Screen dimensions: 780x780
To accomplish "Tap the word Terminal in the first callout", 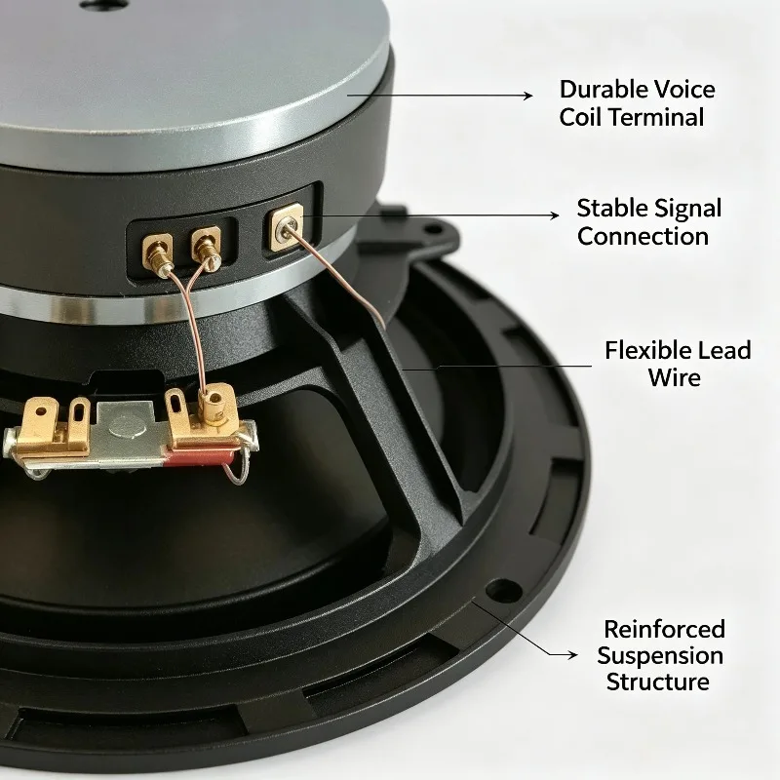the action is (656, 117).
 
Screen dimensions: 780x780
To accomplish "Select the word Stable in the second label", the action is (611, 208).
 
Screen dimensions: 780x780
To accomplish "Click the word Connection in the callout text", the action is (643, 236).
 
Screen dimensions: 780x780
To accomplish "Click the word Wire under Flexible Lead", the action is (674, 377).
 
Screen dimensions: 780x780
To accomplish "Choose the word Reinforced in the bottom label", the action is (664, 629).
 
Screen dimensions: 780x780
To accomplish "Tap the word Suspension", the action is (660, 655).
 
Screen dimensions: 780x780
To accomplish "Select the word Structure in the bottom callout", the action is (657, 682).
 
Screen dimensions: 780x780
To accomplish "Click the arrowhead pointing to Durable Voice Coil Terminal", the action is (528, 95).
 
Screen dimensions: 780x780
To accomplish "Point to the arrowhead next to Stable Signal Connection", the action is (554, 214).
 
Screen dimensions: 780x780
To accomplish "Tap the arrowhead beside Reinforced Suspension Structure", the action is (572, 654).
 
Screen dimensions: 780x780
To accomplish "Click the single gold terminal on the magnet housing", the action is (286, 227).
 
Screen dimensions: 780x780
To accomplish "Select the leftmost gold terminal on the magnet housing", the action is (158, 252).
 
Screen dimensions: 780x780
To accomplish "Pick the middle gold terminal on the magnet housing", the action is (206, 247).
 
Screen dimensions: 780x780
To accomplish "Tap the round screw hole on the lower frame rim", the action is (503, 591).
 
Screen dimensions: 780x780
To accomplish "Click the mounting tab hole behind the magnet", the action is (434, 229).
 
